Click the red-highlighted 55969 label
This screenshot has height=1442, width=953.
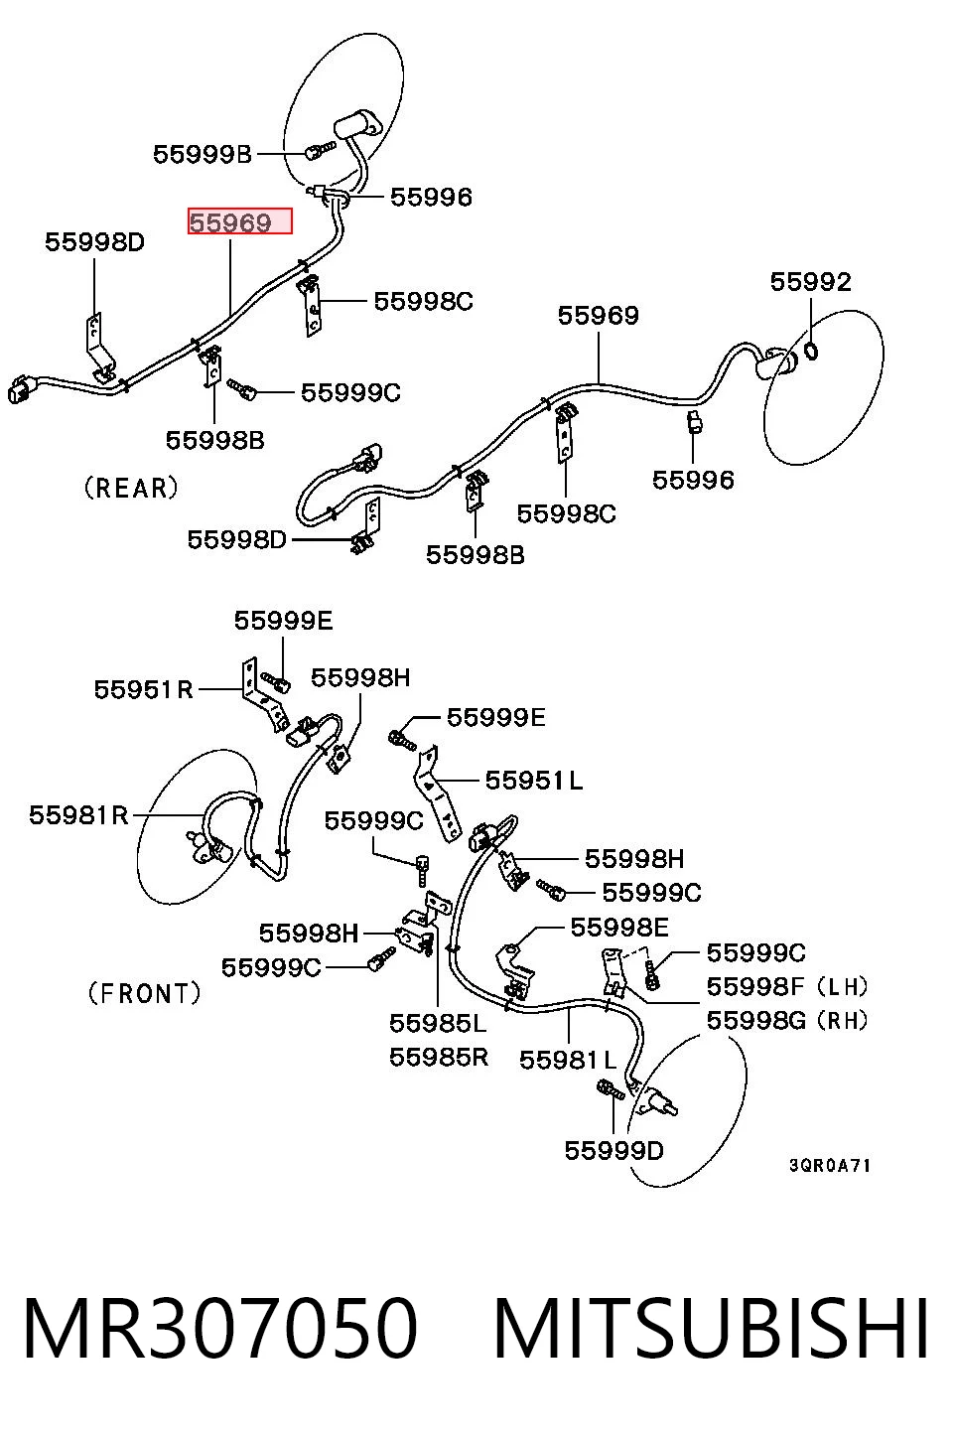pyautogui.click(x=240, y=221)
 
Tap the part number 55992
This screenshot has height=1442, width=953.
pyautogui.click(x=811, y=281)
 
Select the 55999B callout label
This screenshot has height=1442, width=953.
pyautogui.click(x=203, y=155)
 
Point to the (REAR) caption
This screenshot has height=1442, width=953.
pyautogui.click(x=131, y=488)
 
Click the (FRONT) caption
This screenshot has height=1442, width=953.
pyautogui.click(x=144, y=993)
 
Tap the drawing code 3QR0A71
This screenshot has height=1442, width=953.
pyautogui.click(x=830, y=1166)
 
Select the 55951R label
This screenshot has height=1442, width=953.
pyautogui.click(x=144, y=689)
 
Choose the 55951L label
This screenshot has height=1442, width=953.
pyautogui.click(x=533, y=781)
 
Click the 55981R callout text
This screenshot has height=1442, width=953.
pyautogui.click(x=78, y=815)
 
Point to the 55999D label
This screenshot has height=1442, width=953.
pyautogui.click(x=613, y=1150)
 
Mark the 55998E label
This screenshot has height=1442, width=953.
pyautogui.click(x=619, y=927)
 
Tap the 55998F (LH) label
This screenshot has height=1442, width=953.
pyautogui.click(x=787, y=986)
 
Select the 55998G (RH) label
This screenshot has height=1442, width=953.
pyautogui.click(x=787, y=1020)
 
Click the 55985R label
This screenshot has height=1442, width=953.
pyautogui.click(x=439, y=1057)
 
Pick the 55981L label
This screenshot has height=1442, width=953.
pyautogui.click(x=568, y=1060)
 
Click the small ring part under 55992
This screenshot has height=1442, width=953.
pyautogui.click(x=812, y=351)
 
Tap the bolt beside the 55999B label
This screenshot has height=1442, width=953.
pyautogui.click(x=320, y=151)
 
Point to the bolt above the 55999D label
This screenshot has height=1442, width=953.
pyautogui.click(x=611, y=1089)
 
